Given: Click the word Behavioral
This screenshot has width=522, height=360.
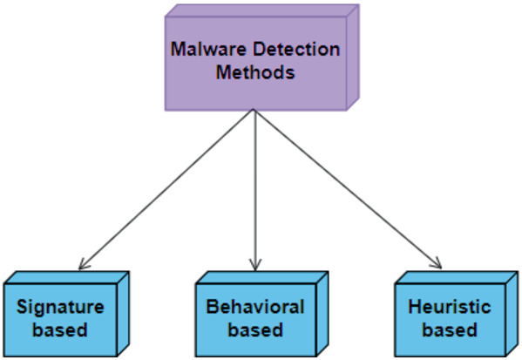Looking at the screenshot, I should pyautogui.click(x=254, y=307).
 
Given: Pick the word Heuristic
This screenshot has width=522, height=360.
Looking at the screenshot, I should pyautogui.click(x=449, y=307).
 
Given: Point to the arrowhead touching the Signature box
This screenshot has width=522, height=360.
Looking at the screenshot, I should pyautogui.click(x=82, y=265).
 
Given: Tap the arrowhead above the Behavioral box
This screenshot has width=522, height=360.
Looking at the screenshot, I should pyautogui.click(x=254, y=264).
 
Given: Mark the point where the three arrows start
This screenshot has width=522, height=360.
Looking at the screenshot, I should pyautogui.click(x=254, y=111).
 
